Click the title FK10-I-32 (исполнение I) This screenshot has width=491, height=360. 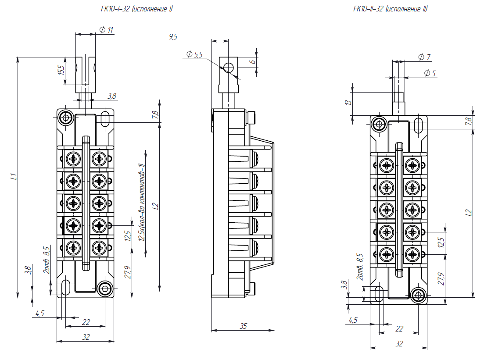(136, 9)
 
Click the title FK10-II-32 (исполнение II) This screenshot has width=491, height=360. (390, 9)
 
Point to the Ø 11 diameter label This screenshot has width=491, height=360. (106, 30)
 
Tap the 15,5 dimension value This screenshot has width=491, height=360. (61, 70)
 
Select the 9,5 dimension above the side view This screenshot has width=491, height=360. (173, 37)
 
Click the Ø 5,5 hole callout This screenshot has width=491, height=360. (194, 54)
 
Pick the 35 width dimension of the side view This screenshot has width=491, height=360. (244, 326)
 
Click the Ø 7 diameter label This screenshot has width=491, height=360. (424, 57)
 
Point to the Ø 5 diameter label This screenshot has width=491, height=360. (430, 73)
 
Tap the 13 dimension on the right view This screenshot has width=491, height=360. (348, 103)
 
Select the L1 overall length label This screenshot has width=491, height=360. (13, 177)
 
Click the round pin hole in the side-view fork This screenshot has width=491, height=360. (229, 68)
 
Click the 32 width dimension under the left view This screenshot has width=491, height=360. (86, 337)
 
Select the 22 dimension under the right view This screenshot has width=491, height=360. (399, 328)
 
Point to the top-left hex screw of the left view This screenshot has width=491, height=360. (66, 118)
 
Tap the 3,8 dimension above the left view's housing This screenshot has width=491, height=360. (112, 96)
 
